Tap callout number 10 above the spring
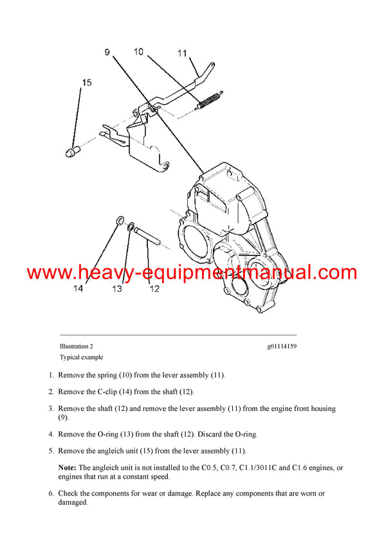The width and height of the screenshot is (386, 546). tap(139, 51)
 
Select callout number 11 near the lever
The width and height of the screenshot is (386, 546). tap(182, 53)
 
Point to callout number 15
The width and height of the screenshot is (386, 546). tap(86, 82)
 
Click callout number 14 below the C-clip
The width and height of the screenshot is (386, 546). tap(78, 289)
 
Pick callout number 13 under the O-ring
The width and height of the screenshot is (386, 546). tap(117, 289)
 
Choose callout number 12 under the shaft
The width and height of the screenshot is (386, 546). tap(154, 289)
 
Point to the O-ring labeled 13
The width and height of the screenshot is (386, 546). tap(131, 226)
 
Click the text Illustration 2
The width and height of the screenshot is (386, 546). tap(77, 346)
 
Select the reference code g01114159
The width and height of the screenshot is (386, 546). tap(282, 346)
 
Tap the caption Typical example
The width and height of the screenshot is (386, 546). tap(81, 357)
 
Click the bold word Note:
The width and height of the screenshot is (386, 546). tap(68, 467)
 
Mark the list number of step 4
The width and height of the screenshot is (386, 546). tap(51, 434)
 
